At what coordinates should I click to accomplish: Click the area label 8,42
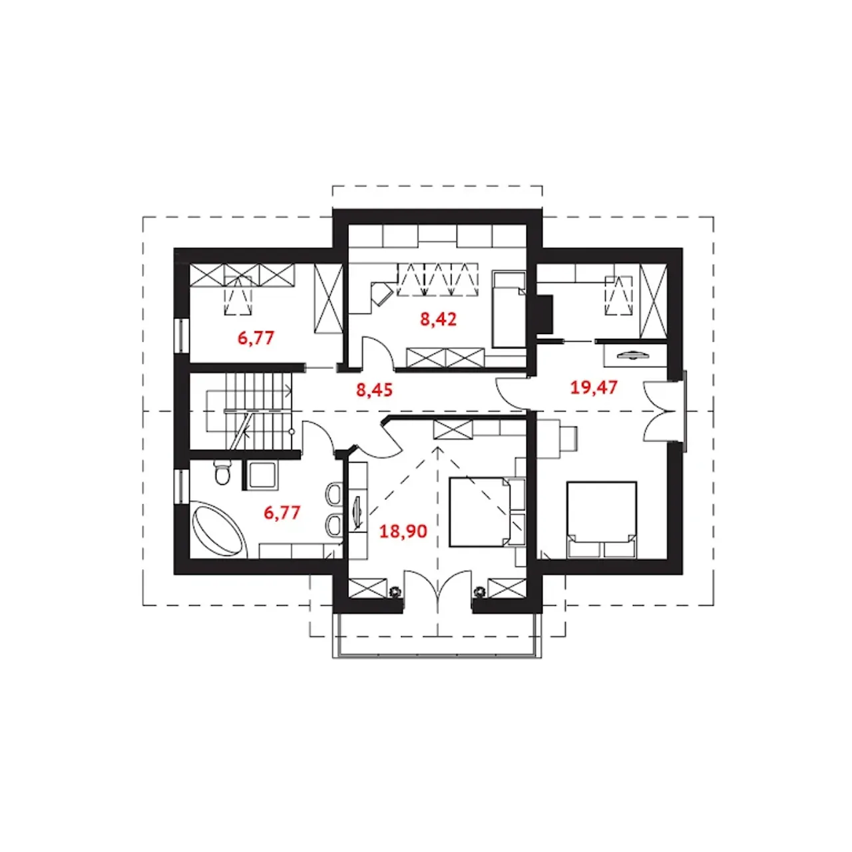(438, 319)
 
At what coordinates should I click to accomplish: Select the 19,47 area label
(593, 387)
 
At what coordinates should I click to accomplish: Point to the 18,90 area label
(403, 531)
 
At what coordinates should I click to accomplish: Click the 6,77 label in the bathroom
(282, 513)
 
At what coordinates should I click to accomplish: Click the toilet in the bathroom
(222, 472)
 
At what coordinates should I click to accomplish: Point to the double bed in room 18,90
(480, 512)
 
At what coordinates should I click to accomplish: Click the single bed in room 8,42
(509, 310)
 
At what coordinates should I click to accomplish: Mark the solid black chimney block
(544, 314)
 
